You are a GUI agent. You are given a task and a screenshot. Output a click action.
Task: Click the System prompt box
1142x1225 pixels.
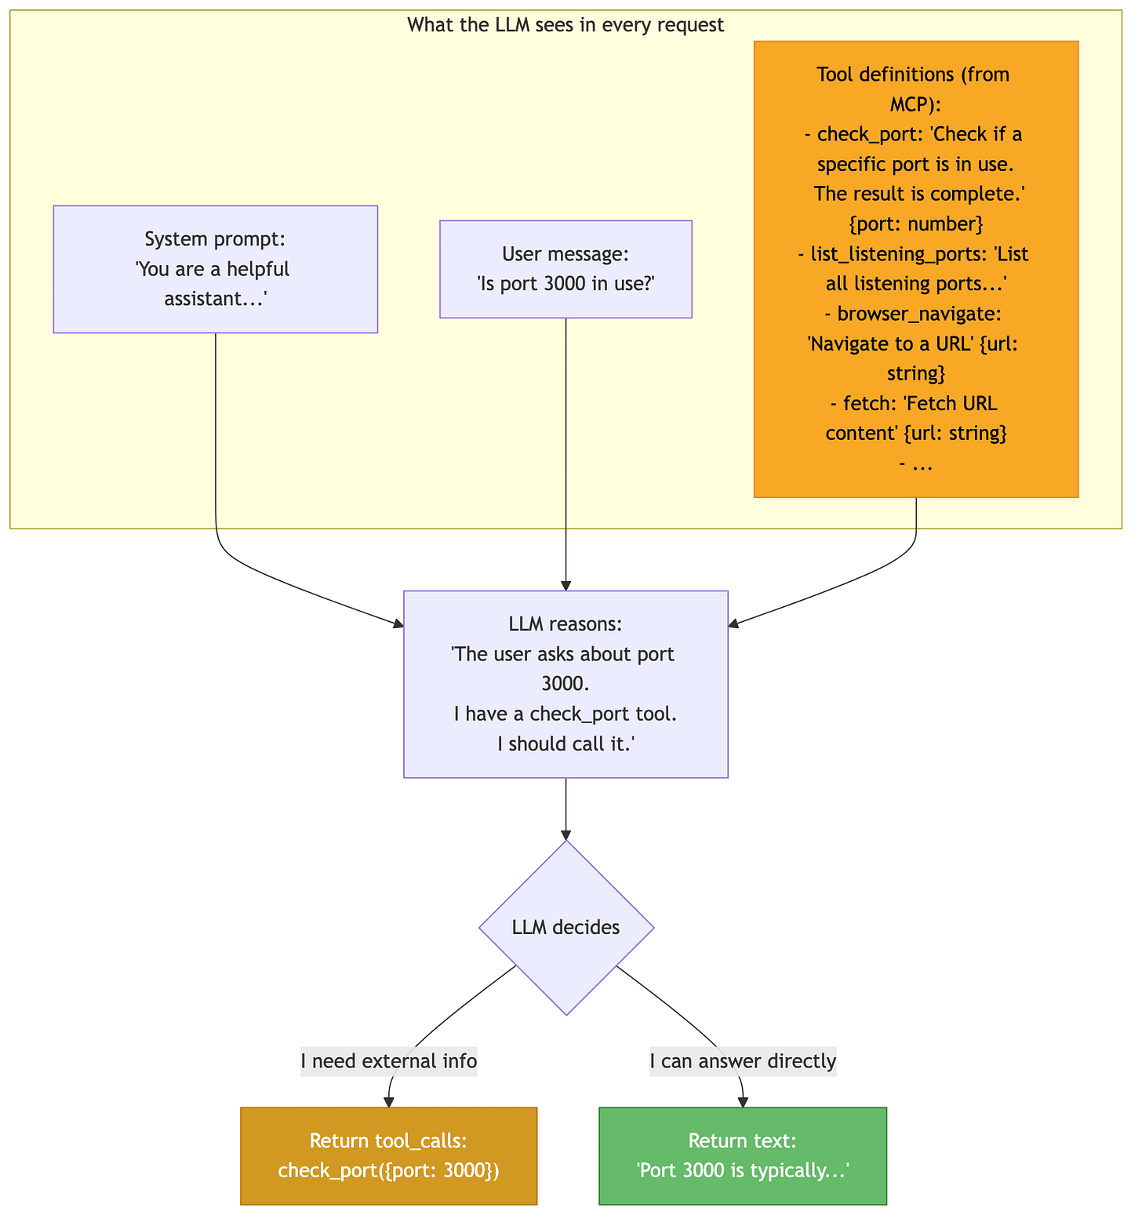tap(216, 269)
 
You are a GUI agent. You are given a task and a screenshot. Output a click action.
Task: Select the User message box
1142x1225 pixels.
tap(566, 269)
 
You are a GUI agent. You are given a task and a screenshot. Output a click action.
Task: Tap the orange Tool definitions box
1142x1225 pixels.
tap(916, 269)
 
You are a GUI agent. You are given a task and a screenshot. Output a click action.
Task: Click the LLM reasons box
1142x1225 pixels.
tap(566, 684)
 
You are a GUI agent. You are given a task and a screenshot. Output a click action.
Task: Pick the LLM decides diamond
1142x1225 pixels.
tap(566, 928)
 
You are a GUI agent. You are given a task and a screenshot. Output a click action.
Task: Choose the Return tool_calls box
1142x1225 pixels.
tap(389, 1156)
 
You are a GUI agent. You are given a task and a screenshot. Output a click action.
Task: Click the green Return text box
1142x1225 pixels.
tap(743, 1156)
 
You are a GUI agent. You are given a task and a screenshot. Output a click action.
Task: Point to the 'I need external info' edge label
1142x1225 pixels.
tap(389, 1061)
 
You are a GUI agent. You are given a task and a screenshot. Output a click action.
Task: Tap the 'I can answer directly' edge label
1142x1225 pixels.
tap(743, 1061)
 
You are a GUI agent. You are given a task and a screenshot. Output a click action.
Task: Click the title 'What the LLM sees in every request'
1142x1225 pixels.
tap(566, 25)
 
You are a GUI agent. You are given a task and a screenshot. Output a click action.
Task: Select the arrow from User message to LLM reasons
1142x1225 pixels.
tap(566, 454)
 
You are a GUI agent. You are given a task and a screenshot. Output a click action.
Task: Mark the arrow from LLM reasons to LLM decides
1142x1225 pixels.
tap(566, 809)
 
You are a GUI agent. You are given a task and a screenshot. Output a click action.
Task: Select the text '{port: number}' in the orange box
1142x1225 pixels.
tap(916, 224)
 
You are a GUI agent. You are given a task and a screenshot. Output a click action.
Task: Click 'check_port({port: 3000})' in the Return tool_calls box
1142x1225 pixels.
tap(389, 1171)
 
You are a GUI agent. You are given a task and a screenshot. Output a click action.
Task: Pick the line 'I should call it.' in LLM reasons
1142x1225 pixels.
tap(566, 743)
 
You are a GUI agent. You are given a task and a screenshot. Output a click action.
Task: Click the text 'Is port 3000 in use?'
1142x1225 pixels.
tap(566, 284)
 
